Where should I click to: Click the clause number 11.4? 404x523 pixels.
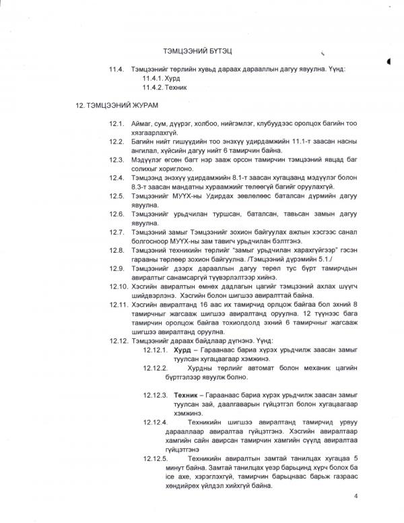point(117,69)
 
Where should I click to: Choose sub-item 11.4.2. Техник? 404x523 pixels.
point(164,88)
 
